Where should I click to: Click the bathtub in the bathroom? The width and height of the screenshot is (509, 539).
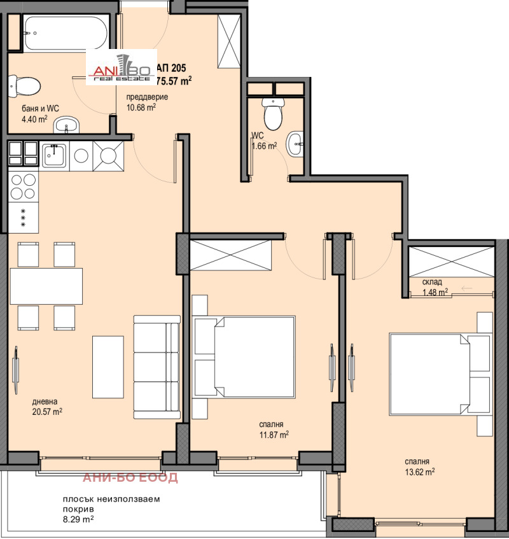tap(66, 33)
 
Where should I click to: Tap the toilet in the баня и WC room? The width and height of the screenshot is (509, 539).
tap(24, 87)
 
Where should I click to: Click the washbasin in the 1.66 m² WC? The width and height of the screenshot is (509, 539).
tap(296, 144)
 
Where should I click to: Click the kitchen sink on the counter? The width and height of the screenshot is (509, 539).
tap(54, 156)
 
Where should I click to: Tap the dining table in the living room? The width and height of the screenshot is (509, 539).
tap(46, 286)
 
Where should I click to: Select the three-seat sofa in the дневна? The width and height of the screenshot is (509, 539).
tap(157, 367)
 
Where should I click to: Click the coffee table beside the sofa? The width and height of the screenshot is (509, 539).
tap(108, 367)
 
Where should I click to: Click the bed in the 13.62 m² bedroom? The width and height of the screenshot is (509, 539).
tap(440, 374)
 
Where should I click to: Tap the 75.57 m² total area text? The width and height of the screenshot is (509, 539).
tap(174, 81)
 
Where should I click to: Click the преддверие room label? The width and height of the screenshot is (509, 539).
tap(147, 97)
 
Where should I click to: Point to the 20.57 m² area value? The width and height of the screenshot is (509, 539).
tap(47, 412)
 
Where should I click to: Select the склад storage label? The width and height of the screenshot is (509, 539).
tap(432, 282)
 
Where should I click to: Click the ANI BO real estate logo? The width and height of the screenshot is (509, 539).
tap(122, 67)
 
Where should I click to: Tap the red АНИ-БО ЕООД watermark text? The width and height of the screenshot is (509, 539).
tap(130, 477)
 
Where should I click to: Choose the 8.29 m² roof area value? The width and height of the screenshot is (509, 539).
tap(78, 519)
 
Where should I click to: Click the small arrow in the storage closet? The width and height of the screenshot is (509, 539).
tap(466, 288)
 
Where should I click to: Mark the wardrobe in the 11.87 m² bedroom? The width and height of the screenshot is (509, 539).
tap(230, 255)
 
